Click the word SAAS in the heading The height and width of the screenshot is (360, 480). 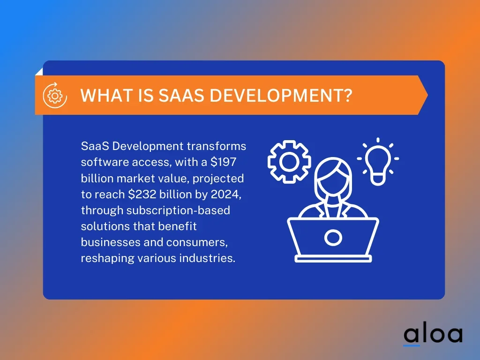pos(181,95)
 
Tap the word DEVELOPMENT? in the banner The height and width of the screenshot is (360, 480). pos(281,95)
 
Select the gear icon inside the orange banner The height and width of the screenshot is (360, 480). pos(55,95)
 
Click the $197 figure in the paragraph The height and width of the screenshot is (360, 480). pos(223,162)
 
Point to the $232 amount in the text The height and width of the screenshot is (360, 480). pos(142,194)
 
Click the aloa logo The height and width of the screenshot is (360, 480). pos(433,336)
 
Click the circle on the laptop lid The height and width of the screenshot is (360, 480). pos(333,238)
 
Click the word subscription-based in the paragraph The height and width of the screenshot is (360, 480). pos(178,210)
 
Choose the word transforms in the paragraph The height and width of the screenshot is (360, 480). pos(217,146)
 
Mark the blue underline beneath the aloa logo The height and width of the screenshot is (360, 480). pos(412,345)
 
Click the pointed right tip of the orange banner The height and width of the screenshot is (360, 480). pos(427,95)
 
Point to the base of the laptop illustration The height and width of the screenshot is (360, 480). pos(333,259)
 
